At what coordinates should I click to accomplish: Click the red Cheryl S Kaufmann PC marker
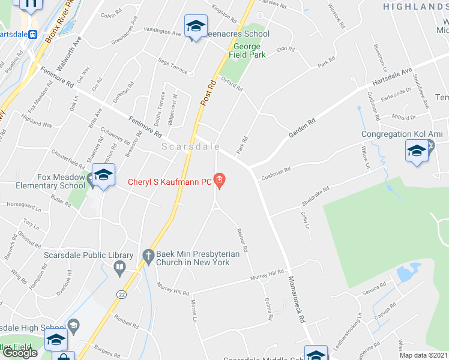pos(220,180)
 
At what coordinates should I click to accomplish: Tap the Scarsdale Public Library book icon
pos(120,266)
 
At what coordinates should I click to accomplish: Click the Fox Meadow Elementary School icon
pos(103,175)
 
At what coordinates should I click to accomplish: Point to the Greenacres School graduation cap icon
pos(196,26)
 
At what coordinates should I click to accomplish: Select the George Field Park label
pos(247,50)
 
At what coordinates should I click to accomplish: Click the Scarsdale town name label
pos(190,146)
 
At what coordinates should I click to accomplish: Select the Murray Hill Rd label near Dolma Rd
pos(267,276)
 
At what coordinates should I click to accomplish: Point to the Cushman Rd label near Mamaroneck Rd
pos(275,172)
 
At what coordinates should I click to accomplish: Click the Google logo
pos(20,353)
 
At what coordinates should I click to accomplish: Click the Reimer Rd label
pos(243,239)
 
